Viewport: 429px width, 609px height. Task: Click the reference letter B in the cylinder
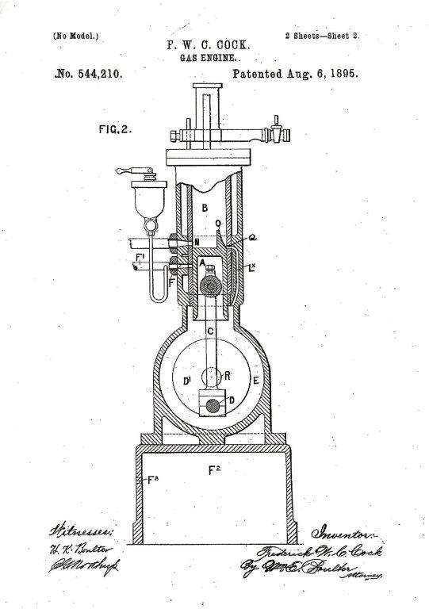click(204, 209)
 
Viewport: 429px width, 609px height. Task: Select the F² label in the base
click(213, 472)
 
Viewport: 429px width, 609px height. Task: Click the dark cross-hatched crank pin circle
click(213, 405)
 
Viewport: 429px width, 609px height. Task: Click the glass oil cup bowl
click(146, 204)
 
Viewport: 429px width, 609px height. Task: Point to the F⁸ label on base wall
click(143, 480)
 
